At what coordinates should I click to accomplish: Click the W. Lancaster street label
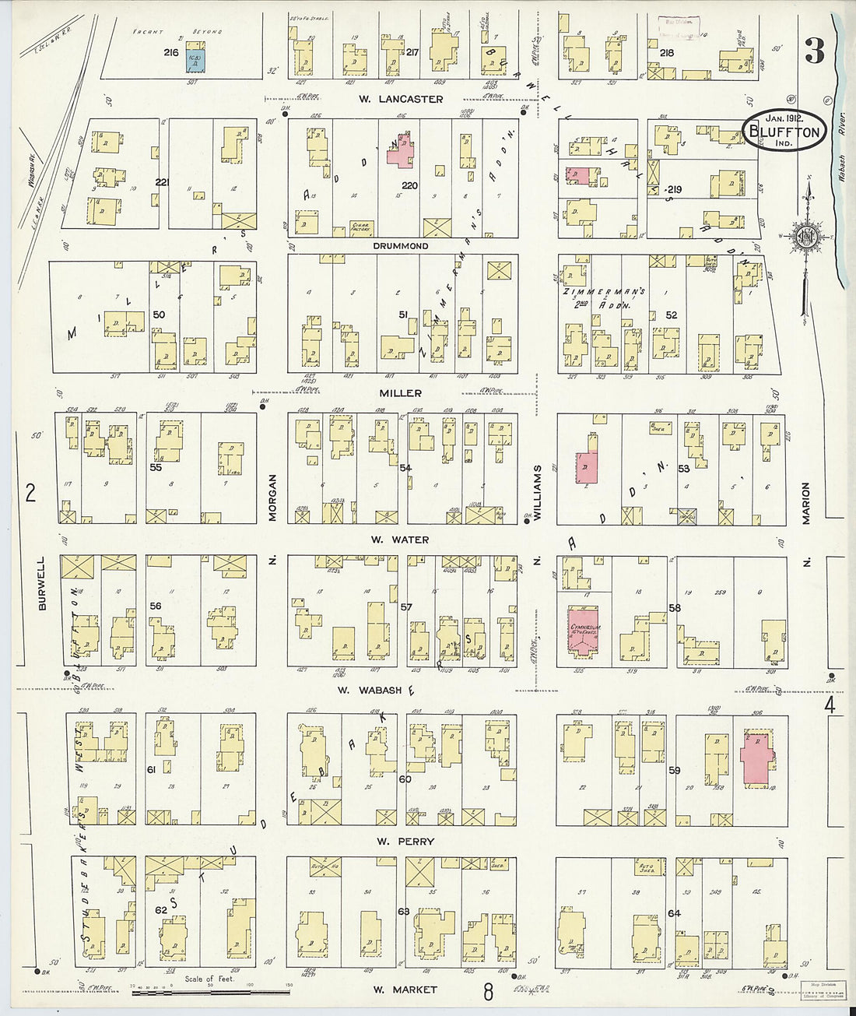[401, 99]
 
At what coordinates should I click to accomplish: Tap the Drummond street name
[400, 246]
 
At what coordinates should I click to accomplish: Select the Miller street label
[401, 393]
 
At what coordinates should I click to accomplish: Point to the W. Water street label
[399, 540]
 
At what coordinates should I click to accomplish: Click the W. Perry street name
[405, 842]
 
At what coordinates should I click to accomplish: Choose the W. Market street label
[404, 990]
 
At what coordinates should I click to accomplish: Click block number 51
[403, 315]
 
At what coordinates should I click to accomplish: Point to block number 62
[160, 909]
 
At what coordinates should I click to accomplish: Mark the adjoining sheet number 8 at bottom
[488, 993]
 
